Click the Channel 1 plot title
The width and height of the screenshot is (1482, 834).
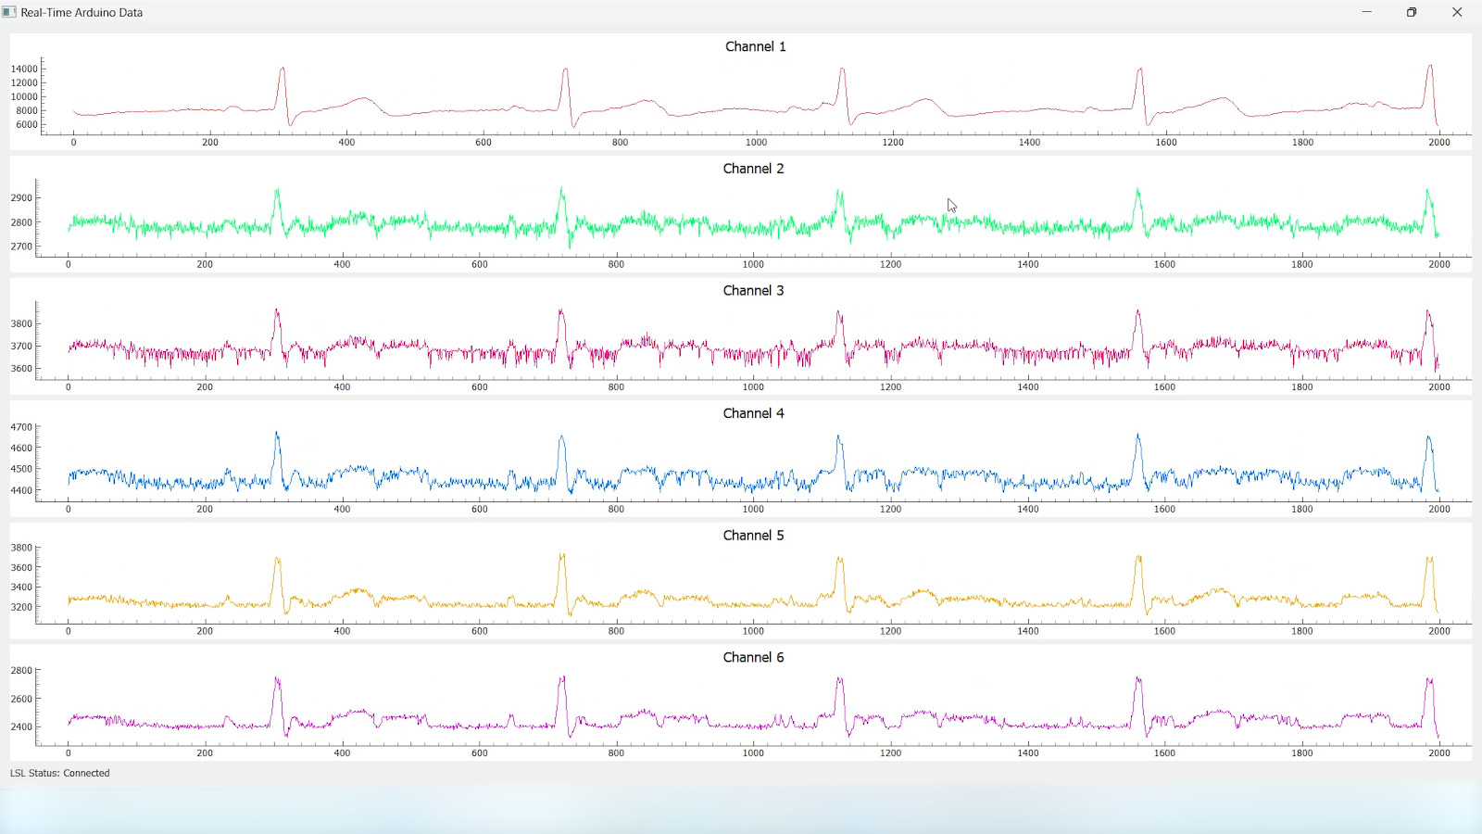point(755,46)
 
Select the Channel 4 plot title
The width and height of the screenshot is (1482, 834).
point(753,413)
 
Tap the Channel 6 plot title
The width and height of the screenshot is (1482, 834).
point(753,657)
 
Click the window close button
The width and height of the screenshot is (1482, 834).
point(1457,12)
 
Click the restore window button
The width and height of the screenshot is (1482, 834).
point(1412,12)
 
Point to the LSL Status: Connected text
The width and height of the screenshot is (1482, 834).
point(60,773)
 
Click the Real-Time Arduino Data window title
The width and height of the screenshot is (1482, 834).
point(82,13)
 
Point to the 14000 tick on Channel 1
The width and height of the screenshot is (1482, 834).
point(25,69)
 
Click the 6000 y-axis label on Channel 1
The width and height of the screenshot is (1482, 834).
point(27,124)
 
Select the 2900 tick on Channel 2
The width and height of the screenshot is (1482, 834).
point(21,197)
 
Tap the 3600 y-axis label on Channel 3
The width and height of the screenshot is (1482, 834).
point(21,369)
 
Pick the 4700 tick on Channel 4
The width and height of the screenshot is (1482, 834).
point(21,427)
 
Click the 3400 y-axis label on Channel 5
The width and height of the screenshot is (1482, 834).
point(21,587)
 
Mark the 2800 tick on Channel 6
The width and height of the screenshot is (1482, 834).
point(21,670)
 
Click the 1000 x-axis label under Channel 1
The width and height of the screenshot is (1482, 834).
point(756,142)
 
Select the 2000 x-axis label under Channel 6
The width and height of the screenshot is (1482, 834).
point(1438,753)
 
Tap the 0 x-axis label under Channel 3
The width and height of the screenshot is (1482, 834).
point(69,387)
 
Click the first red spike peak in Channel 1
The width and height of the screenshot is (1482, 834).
point(283,69)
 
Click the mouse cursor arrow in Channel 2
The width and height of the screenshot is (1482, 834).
point(950,205)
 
